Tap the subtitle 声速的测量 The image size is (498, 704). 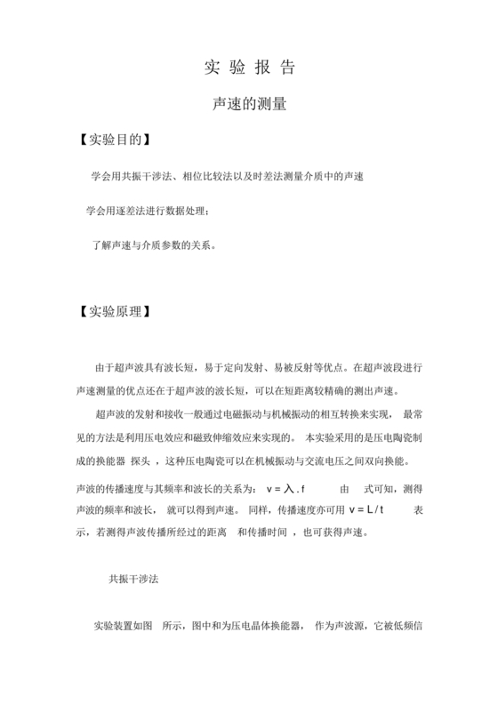pyautogui.click(x=249, y=104)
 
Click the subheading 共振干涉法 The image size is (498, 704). pyautogui.click(x=134, y=579)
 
